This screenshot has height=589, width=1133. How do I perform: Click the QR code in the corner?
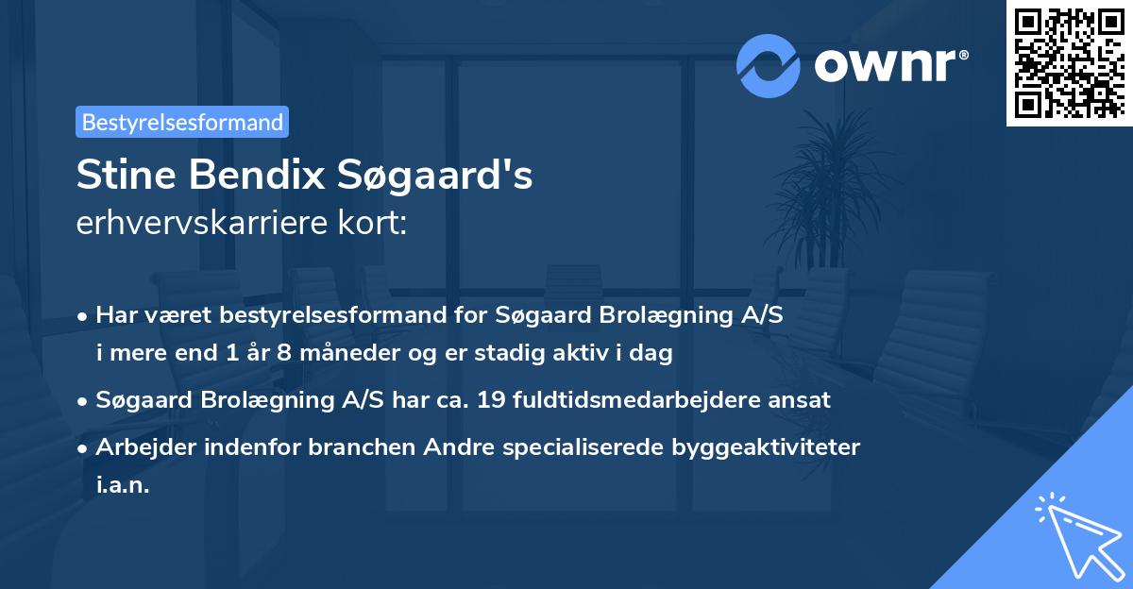(1069, 62)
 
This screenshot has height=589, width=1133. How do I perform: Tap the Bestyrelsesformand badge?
(182, 122)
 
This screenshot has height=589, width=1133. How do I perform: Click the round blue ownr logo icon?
(769, 66)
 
